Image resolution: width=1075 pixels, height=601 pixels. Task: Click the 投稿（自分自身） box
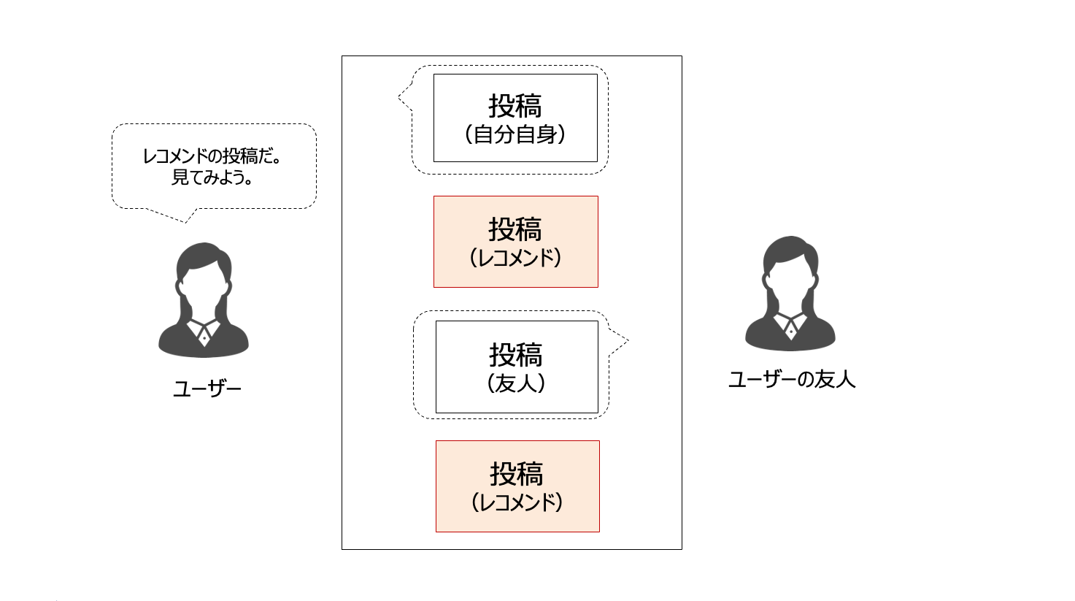click(515, 118)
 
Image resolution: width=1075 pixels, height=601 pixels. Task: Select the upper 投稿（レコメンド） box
click(515, 242)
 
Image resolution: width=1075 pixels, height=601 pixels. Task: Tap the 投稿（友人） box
click(517, 367)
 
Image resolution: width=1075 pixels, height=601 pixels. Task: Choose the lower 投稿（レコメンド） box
click(517, 486)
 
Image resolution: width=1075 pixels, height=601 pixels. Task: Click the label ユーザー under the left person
click(207, 389)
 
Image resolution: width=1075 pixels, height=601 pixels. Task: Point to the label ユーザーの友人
click(792, 380)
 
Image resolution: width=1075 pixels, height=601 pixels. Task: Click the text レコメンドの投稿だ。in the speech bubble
click(212, 156)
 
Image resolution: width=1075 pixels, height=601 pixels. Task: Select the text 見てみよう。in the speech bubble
click(212, 177)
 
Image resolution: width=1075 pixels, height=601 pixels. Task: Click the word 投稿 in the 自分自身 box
click(515, 106)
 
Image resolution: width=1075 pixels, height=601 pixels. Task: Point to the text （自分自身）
click(515, 135)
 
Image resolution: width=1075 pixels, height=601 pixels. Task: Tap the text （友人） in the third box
click(517, 383)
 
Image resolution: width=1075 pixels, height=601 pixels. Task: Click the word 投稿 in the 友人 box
click(517, 356)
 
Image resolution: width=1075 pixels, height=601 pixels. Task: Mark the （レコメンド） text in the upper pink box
click(515, 259)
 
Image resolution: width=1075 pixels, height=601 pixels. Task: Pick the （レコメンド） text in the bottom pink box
click(517, 502)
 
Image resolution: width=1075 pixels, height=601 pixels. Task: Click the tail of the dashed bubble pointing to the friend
click(620, 341)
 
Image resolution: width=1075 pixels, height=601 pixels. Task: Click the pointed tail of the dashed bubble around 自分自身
click(404, 96)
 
